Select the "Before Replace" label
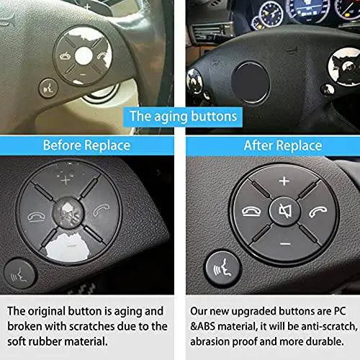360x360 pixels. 86,145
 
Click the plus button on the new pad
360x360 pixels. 284,181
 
